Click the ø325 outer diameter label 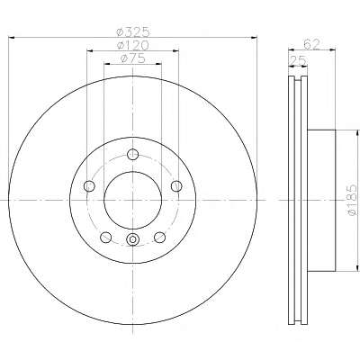point(132,31)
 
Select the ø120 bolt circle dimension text point(132,45)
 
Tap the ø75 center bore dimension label point(132,58)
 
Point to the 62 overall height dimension point(311,44)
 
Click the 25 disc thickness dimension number point(298,60)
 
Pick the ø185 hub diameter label point(352,200)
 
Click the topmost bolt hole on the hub point(132,155)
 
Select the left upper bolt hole point(89,186)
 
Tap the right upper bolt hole point(176,186)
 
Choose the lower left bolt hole point(105,238)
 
